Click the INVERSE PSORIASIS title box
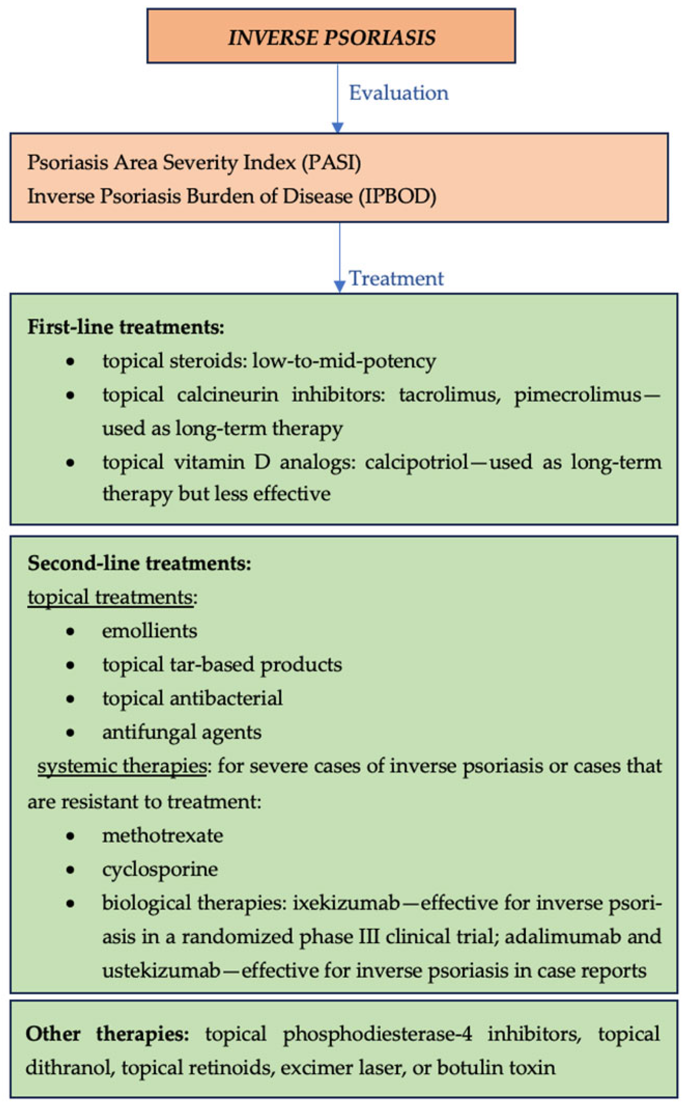coord(331,36)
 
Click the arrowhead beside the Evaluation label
coord(338,127)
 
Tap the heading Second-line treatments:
coord(139,563)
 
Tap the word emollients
coord(149,631)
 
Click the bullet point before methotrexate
coord(70,836)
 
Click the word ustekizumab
coord(161,970)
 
